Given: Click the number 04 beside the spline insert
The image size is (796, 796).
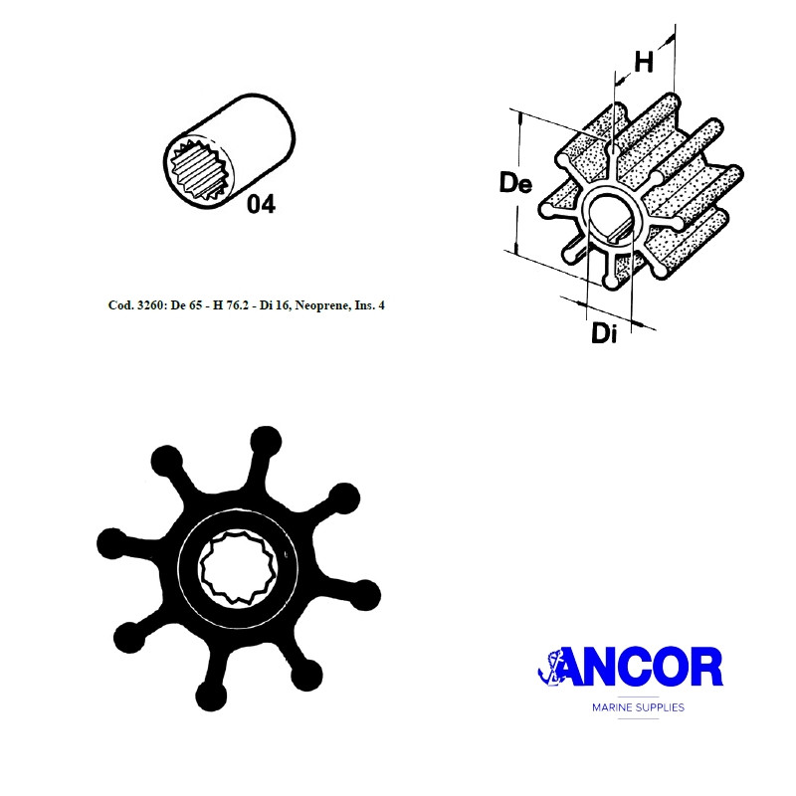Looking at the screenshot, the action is pyautogui.click(x=261, y=204).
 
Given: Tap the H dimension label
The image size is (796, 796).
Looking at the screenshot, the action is pyautogui.click(x=644, y=63).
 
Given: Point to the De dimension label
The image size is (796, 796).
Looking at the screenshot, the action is pyautogui.click(x=515, y=183).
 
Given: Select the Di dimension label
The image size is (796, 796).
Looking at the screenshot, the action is pyautogui.click(x=604, y=333).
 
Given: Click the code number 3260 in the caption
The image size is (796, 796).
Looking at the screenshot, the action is pyautogui.click(x=151, y=305).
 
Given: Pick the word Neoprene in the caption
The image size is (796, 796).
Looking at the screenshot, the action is pyautogui.click(x=317, y=305).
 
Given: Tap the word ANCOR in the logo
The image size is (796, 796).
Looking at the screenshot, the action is pyautogui.click(x=641, y=667).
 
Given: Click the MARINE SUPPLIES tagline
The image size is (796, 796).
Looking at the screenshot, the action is pyautogui.click(x=638, y=707).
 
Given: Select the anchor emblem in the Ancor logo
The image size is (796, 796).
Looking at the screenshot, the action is pyautogui.click(x=550, y=667).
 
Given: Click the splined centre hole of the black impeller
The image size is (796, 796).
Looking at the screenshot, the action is pyautogui.click(x=236, y=566).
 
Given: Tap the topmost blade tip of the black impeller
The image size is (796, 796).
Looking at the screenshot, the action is pyautogui.click(x=266, y=441).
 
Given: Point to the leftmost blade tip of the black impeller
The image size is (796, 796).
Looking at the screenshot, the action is pyautogui.click(x=111, y=543).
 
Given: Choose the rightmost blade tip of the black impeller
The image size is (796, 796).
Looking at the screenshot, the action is pyautogui.click(x=365, y=595).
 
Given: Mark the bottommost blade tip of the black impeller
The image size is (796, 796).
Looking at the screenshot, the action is pyautogui.click(x=211, y=696).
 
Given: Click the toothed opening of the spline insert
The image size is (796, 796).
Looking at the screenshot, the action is pyautogui.click(x=201, y=170).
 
